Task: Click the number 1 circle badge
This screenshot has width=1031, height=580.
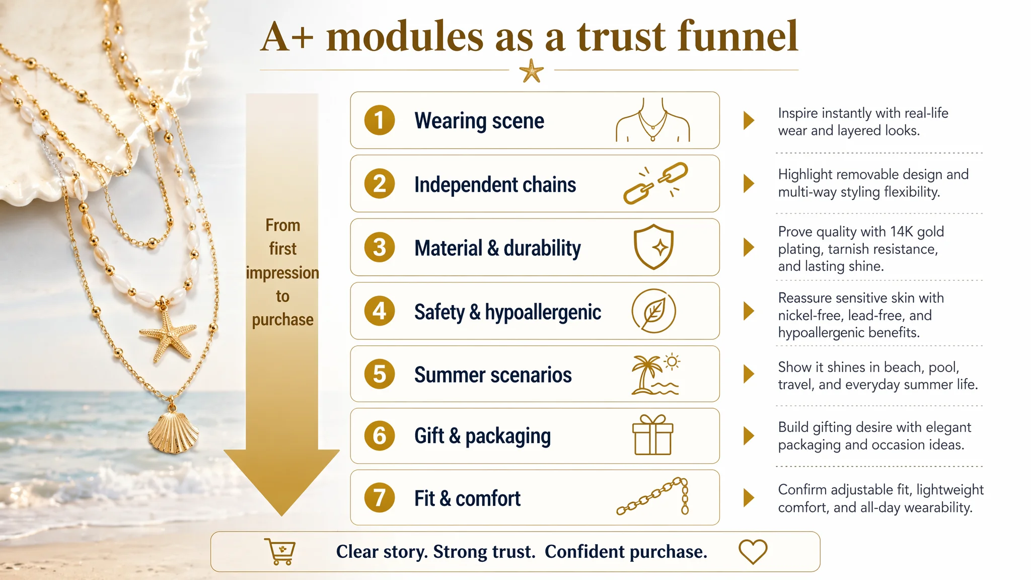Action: tap(380, 120)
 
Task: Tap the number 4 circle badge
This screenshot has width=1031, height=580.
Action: tap(380, 311)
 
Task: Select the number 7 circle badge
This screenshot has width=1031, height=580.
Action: tap(380, 498)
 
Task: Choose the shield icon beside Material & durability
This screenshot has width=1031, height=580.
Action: tap(653, 247)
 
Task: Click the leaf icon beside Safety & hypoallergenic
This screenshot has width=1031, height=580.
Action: tap(653, 311)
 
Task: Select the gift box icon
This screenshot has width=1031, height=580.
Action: tap(652, 435)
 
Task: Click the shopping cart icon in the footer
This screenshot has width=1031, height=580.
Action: tap(280, 552)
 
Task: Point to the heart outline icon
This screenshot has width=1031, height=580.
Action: tap(753, 551)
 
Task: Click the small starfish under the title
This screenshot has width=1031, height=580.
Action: tap(532, 70)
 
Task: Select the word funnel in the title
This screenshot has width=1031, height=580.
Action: tap(738, 36)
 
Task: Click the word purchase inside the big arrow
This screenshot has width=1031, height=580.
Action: tap(282, 320)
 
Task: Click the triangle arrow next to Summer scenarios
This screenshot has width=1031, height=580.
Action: tap(749, 374)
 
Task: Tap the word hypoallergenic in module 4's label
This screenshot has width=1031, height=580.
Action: tap(543, 313)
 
